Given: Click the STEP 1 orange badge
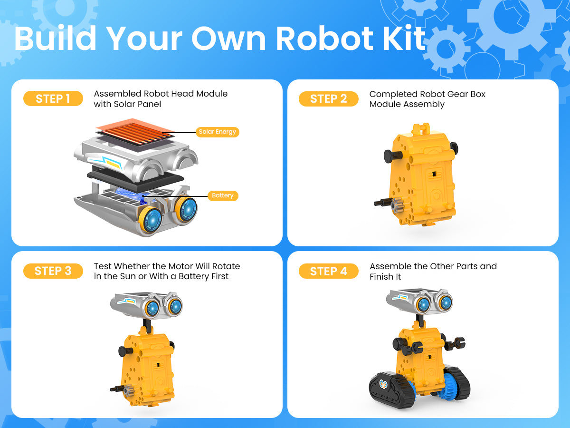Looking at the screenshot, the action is tap(53, 98).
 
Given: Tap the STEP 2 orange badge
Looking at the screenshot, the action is tap(329, 99).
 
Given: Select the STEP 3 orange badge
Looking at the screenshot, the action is tap(53, 271).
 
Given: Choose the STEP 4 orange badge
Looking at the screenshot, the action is tap(329, 271).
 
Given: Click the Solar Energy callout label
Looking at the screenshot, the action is tap(218, 132).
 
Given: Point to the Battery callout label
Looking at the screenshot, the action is tap(223, 195).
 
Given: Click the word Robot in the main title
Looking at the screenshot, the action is tap(324, 39).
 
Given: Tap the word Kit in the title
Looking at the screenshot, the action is tap(404, 38).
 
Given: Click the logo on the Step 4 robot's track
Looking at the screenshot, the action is tap(383, 384).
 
